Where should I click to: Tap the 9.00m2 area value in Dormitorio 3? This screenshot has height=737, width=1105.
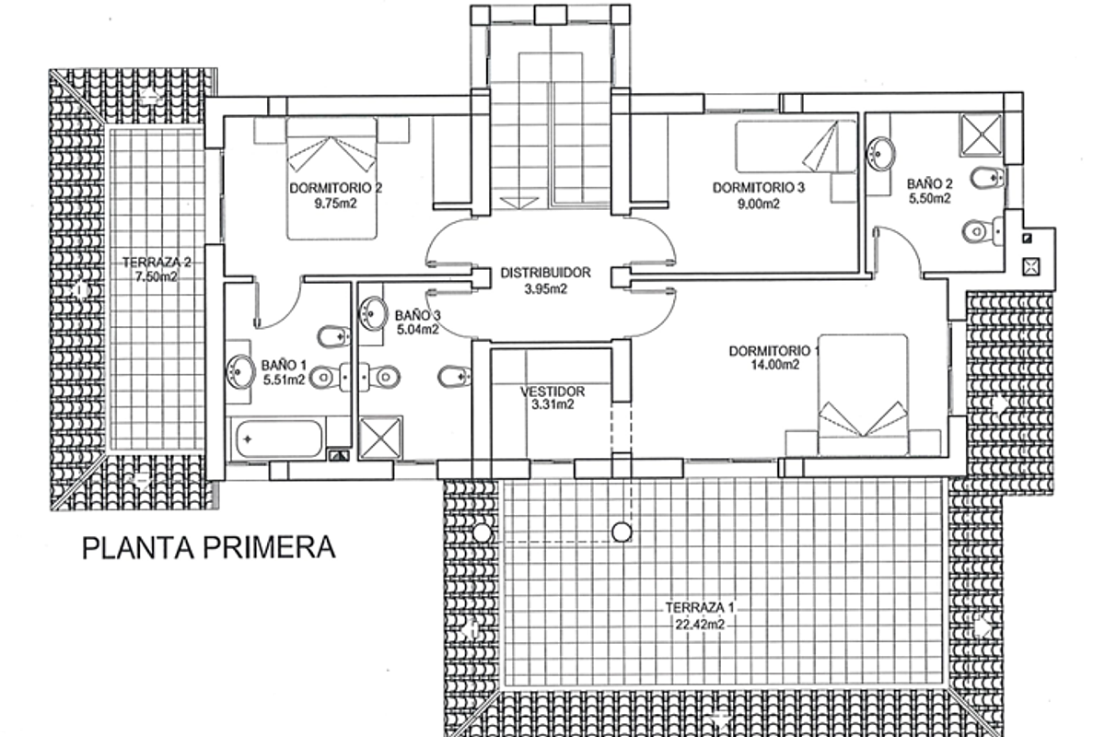(760, 205)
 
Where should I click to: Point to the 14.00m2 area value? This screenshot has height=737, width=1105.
(774, 365)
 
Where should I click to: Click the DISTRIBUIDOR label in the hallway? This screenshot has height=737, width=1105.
(545, 274)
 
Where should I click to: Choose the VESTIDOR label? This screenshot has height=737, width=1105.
(552, 391)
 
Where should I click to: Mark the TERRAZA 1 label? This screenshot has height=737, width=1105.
(701, 608)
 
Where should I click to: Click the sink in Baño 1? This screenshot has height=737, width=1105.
(238, 373)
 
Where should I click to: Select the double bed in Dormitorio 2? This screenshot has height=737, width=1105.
(332, 177)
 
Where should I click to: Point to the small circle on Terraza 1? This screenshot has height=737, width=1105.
(622, 531)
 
